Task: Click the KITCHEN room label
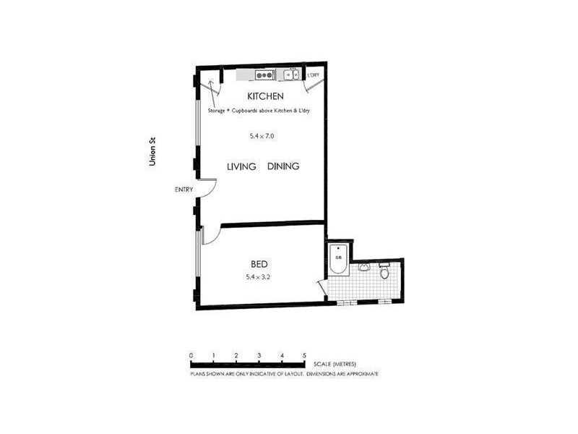[264, 96]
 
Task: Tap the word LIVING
[242, 166]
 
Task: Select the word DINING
[283, 166]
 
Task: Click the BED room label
[260, 264]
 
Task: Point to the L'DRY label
[313, 75]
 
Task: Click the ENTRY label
[184, 190]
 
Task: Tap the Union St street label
[152, 153]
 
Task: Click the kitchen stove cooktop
[264, 75]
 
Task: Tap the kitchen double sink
[292, 75]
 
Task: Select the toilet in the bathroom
[384, 273]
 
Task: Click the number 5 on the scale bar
[305, 356]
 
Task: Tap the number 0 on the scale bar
[191, 356]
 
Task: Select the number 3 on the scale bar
[259, 356]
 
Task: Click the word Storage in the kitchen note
[217, 111]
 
